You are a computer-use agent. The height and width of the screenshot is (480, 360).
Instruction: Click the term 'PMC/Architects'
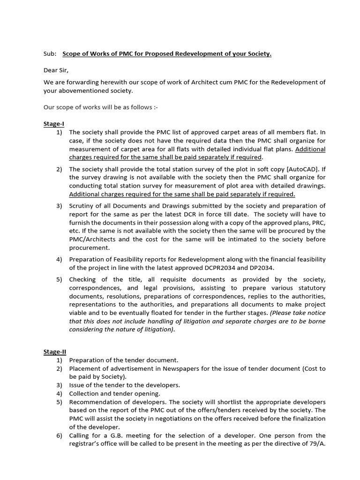click(x=92, y=240)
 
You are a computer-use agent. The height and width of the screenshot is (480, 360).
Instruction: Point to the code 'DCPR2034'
click(x=229, y=268)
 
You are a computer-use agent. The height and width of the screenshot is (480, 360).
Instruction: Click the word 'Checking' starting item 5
click(x=82, y=279)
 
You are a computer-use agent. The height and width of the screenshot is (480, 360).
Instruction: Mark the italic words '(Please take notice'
click(x=297, y=313)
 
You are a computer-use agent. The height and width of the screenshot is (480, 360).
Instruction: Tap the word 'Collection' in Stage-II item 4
click(x=84, y=394)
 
